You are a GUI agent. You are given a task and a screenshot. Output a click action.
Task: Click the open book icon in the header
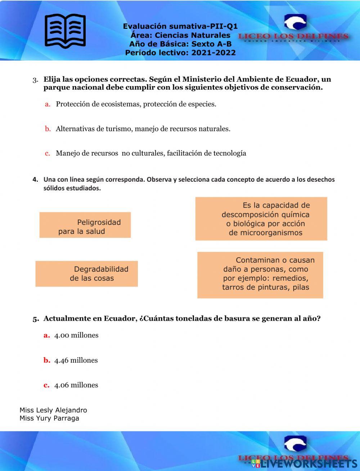point(65,31)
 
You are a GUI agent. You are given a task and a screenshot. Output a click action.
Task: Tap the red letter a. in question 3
point(47,104)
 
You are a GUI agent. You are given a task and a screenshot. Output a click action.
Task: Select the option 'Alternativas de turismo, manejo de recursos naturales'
point(143,129)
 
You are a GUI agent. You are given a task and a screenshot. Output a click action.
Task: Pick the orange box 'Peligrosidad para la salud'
point(85,225)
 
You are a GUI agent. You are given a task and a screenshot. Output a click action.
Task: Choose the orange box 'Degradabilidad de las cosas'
point(86,274)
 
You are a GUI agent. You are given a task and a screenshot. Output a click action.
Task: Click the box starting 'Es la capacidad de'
point(261,219)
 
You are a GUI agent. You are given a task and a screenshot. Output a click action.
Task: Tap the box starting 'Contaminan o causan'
point(260,275)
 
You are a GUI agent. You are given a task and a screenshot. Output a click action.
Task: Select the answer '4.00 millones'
point(76,335)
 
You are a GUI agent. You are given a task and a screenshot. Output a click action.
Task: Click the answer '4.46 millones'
point(76,361)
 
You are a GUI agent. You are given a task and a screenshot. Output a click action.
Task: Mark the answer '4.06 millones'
point(76,385)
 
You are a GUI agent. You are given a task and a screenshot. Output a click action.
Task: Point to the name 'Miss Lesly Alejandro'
point(53,410)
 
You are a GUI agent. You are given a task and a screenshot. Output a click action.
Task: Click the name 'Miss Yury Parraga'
point(49,418)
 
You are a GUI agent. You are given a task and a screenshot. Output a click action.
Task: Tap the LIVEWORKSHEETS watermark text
point(306,463)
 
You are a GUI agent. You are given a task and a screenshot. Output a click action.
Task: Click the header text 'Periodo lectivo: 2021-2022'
point(180,53)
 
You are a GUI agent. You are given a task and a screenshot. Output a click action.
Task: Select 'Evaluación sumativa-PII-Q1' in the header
point(180,26)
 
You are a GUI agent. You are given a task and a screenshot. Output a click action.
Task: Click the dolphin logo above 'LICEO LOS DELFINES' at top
point(295,22)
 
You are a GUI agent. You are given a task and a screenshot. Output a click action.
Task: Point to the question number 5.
point(35,319)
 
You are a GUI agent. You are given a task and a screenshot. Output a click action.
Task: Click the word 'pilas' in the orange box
point(301,287)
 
